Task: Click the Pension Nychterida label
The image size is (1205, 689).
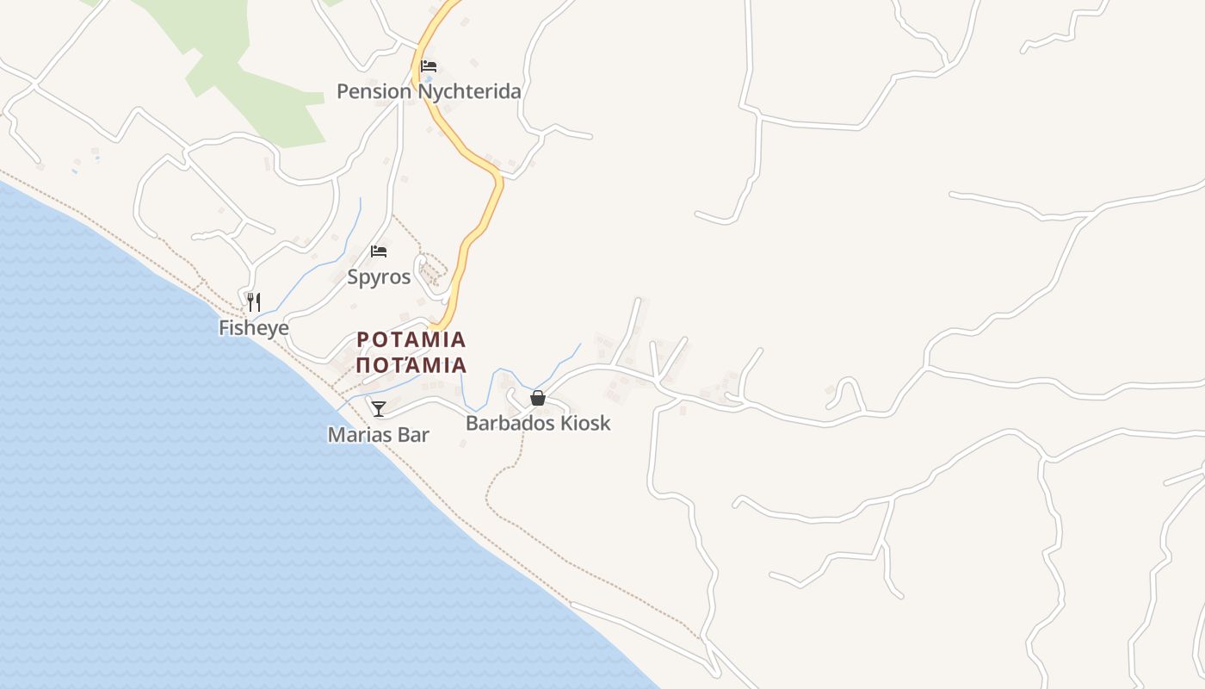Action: pos(429,91)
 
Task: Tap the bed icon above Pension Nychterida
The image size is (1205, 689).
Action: pos(429,66)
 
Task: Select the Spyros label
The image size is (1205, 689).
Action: pos(379,277)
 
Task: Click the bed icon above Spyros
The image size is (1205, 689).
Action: pos(379,251)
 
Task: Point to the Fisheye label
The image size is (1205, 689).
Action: pos(253,328)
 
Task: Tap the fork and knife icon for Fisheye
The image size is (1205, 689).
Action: pos(253,302)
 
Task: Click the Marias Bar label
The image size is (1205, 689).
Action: pos(378,435)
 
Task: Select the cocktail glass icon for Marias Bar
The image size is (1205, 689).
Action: pos(378,408)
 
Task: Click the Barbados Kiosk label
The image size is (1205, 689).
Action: pos(538,423)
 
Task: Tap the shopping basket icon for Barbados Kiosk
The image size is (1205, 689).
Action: pos(538,398)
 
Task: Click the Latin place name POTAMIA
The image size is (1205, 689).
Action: pos(411,339)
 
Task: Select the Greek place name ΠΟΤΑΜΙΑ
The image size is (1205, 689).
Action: pos(411,365)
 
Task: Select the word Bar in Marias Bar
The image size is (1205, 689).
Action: pos(411,435)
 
